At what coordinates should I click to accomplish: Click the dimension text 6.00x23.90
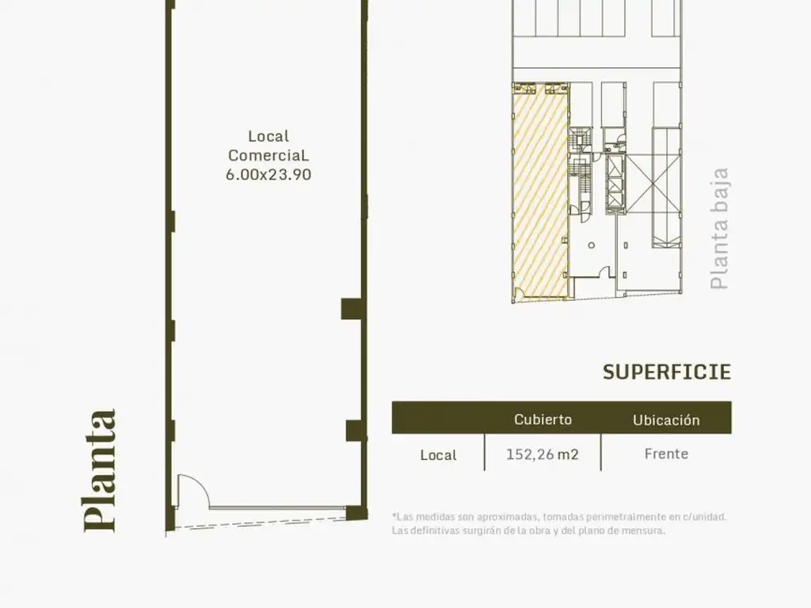[268, 175]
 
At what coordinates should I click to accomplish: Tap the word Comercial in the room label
[268, 155]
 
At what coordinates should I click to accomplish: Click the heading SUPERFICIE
[667, 372]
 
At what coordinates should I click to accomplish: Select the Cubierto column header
[543, 420]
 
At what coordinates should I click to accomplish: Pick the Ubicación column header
[666, 420]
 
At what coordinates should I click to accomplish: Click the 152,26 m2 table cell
[542, 454]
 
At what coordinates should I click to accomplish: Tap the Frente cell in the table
[666, 454]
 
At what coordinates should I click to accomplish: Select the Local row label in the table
[438, 455]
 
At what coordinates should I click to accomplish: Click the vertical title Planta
[100, 470]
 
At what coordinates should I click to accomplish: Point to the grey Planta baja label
[719, 228]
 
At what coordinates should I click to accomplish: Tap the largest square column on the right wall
[354, 309]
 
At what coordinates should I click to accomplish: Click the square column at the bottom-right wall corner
[357, 513]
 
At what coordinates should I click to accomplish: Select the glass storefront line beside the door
[278, 507]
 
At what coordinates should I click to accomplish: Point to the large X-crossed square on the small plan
[653, 184]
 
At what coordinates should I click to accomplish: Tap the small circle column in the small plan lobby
[591, 245]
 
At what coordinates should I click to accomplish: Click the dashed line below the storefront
[261, 524]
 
